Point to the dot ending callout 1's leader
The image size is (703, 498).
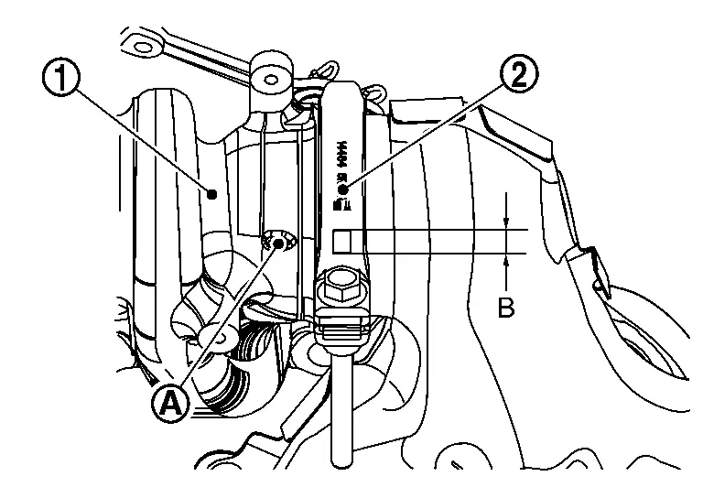(212, 193)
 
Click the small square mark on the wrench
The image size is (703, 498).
(341, 241)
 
